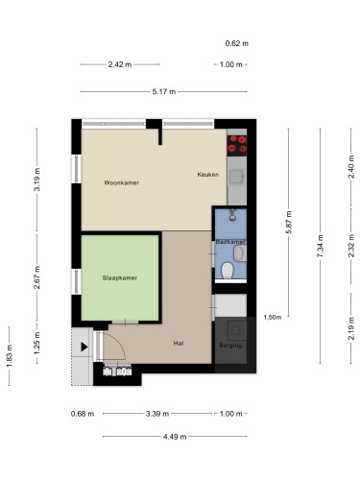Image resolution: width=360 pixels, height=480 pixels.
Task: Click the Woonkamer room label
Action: (121, 182)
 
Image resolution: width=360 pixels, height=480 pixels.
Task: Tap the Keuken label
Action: (208, 175)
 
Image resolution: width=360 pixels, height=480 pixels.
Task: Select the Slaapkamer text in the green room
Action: (120, 277)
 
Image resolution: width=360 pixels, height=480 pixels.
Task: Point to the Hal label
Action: (179, 343)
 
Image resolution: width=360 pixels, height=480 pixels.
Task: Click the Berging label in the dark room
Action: (230, 346)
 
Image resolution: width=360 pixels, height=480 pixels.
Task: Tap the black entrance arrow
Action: (84, 347)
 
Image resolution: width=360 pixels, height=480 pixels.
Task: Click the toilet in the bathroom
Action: (228, 271)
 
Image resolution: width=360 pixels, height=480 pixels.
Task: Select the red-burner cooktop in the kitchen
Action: (237, 144)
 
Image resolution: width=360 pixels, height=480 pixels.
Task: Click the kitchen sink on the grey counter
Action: (237, 177)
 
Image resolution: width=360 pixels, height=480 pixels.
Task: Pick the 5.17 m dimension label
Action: (164, 92)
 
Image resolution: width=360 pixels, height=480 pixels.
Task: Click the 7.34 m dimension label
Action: (320, 246)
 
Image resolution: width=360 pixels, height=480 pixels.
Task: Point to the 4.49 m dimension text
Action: (175, 437)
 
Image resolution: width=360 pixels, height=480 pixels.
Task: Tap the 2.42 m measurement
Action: (120, 64)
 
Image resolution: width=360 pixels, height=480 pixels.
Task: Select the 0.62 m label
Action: (237, 43)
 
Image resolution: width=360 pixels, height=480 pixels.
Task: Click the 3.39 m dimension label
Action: (157, 414)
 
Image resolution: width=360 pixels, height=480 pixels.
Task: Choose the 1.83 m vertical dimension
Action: (9, 356)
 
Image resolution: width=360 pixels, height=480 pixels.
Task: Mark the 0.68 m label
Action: (83, 414)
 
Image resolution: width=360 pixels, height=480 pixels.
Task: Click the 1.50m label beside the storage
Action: (273, 317)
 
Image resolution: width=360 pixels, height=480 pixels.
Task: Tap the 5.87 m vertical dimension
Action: (289, 222)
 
